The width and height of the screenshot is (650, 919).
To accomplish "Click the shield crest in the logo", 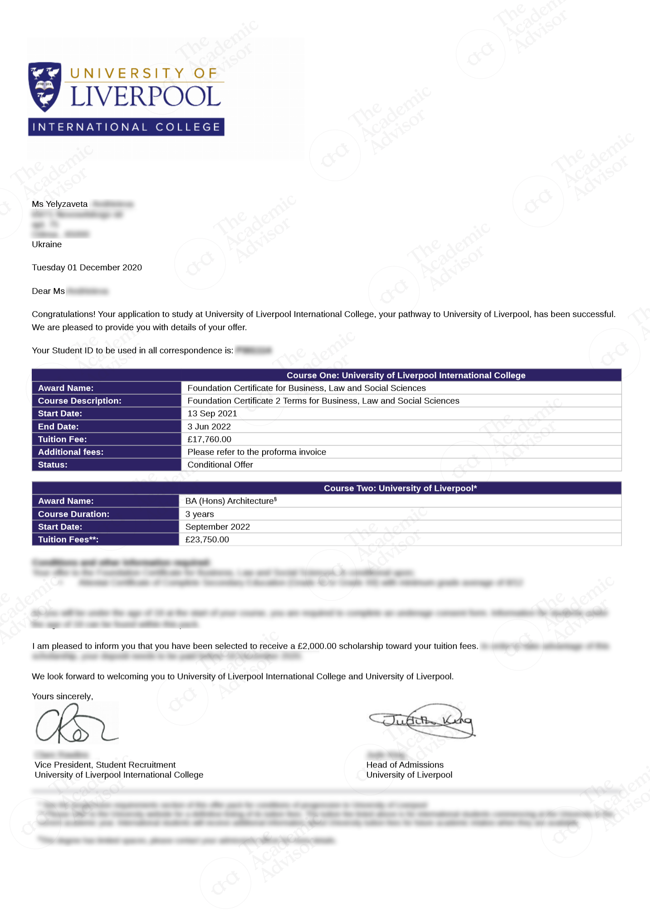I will [x=44, y=87].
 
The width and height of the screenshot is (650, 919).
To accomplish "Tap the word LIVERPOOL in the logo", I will [x=146, y=96].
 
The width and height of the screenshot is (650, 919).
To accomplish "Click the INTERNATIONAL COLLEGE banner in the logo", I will [x=126, y=127].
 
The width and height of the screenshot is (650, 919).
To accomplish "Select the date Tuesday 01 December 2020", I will [x=87, y=268].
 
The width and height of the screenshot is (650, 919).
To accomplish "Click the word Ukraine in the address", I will [x=47, y=244].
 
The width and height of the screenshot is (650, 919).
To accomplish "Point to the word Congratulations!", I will [x=64, y=314].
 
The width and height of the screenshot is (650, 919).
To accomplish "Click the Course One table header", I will [x=406, y=375].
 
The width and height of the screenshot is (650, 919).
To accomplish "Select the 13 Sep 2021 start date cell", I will [x=212, y=414].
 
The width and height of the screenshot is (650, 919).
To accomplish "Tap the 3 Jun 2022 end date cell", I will [x=209, y=426].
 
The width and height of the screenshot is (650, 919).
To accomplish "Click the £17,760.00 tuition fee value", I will [x=209, y=439].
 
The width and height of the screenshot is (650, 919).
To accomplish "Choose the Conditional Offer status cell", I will [x=220, y=464].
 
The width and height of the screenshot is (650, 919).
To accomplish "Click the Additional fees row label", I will [x=71, y=452].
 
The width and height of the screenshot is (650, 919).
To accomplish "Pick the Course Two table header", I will [x=400, y=488].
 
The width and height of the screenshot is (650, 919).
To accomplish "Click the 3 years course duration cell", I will [x=200, y=514].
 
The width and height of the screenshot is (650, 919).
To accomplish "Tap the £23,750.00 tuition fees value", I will [x=207, y=539].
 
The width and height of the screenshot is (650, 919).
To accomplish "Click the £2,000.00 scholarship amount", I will [x=317, y=646].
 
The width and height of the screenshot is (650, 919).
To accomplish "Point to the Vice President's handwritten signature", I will [x=75, y=724].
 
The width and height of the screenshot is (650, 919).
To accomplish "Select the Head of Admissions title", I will [x=405, y=765].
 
